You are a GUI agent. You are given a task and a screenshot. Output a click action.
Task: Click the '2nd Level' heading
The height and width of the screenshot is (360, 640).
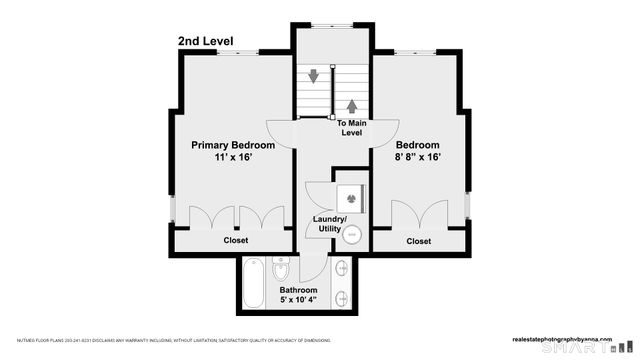click(x=208, y=41)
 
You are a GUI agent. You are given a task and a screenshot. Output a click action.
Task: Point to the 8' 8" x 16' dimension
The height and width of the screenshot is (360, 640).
click(x=418, y=157)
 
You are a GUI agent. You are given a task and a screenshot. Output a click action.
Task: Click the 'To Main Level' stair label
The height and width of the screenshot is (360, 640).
click(x=351, y=128)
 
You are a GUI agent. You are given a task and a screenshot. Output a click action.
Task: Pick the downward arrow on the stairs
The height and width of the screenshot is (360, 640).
click(x=315, y=76)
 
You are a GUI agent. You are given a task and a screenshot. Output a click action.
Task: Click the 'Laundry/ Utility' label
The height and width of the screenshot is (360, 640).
click(x=330, y=224)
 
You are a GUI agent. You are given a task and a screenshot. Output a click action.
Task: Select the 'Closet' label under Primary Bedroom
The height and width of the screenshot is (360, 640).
click(x=236, y=241)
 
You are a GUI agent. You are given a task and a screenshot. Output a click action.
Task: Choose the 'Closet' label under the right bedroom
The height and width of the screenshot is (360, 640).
click(x=419, y=241)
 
